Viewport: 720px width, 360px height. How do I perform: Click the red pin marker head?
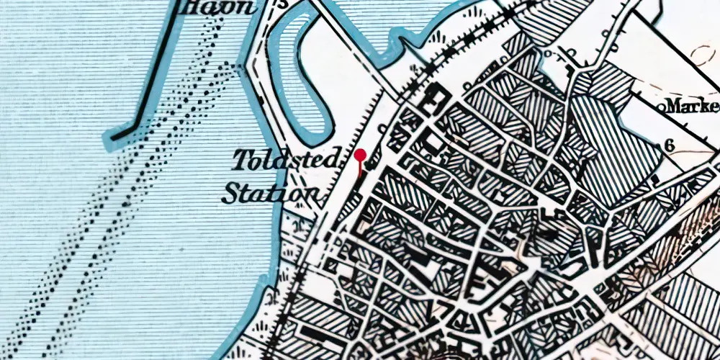click(360, 155)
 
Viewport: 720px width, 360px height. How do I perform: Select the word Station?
click(269, 193)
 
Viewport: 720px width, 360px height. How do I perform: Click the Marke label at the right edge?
click(692, 107)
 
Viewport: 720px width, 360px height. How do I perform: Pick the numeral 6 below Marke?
click(669, 145)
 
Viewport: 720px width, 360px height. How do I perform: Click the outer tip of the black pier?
click(114, 135)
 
